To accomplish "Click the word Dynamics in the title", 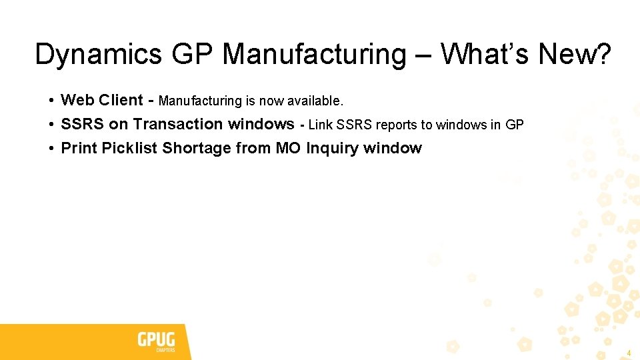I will click(98, 54).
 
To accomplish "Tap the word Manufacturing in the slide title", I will click(313, 54).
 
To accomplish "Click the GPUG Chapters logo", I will click(156, 342).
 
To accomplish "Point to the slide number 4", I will click(628, 352).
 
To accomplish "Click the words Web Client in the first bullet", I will click(101, 100).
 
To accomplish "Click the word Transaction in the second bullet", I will click(178, 124).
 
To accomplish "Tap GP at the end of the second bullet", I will click(515, 125).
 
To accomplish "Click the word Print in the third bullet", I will click(79, 148).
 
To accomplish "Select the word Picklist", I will click(130, 148).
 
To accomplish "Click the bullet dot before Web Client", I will click(51, 101).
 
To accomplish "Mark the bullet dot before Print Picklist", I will click(51, 149).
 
